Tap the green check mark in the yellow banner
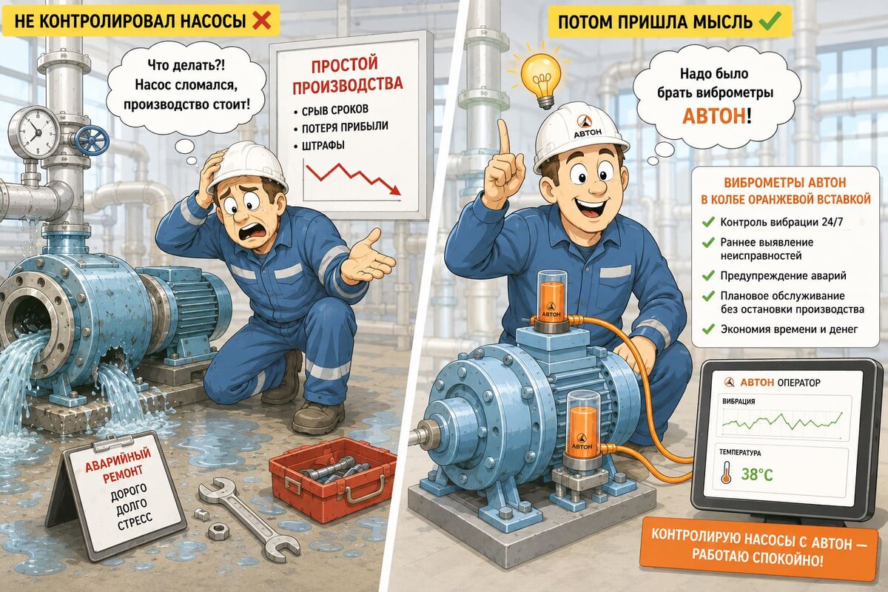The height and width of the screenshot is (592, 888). [770, 20]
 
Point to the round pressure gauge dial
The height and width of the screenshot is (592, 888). [35, 131]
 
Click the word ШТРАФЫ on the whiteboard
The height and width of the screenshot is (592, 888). [323, 146]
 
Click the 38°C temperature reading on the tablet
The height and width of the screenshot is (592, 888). [756, 474]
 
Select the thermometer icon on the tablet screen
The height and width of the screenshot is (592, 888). [726, 472]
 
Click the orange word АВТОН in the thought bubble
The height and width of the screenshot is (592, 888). [713, 116]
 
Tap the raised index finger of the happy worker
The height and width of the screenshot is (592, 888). [504, 139]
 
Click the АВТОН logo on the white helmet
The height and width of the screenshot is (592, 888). [587, 127]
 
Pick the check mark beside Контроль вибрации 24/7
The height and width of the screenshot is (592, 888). [707, 222]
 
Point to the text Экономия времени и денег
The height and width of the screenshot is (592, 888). [789, 329]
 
